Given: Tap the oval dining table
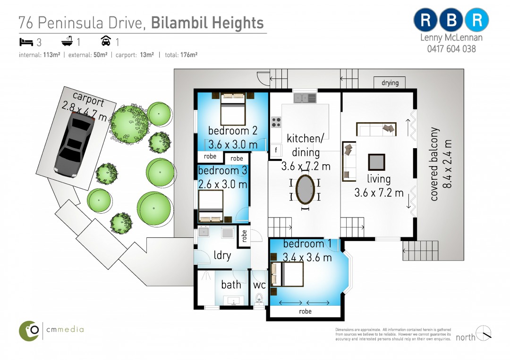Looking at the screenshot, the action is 305,190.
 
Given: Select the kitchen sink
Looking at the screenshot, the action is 305,98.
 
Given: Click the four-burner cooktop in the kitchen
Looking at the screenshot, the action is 276,122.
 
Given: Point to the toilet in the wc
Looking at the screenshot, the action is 259,298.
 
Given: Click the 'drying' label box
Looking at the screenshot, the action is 390,83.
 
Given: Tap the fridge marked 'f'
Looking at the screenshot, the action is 276,150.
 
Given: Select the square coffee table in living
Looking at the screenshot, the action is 377,162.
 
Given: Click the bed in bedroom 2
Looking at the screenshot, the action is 233,109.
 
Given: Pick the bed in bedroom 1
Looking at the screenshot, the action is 287,274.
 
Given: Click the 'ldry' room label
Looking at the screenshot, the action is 222,255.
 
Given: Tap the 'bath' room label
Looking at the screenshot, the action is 231,285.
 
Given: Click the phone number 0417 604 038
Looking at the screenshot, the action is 451,49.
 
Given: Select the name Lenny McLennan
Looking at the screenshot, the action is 451,37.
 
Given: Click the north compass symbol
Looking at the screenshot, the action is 484,333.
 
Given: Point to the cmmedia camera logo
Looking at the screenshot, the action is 29,331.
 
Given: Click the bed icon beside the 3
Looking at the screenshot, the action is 26,42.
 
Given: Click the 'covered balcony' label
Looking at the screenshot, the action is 434,164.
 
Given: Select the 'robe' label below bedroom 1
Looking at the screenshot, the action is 305,311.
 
